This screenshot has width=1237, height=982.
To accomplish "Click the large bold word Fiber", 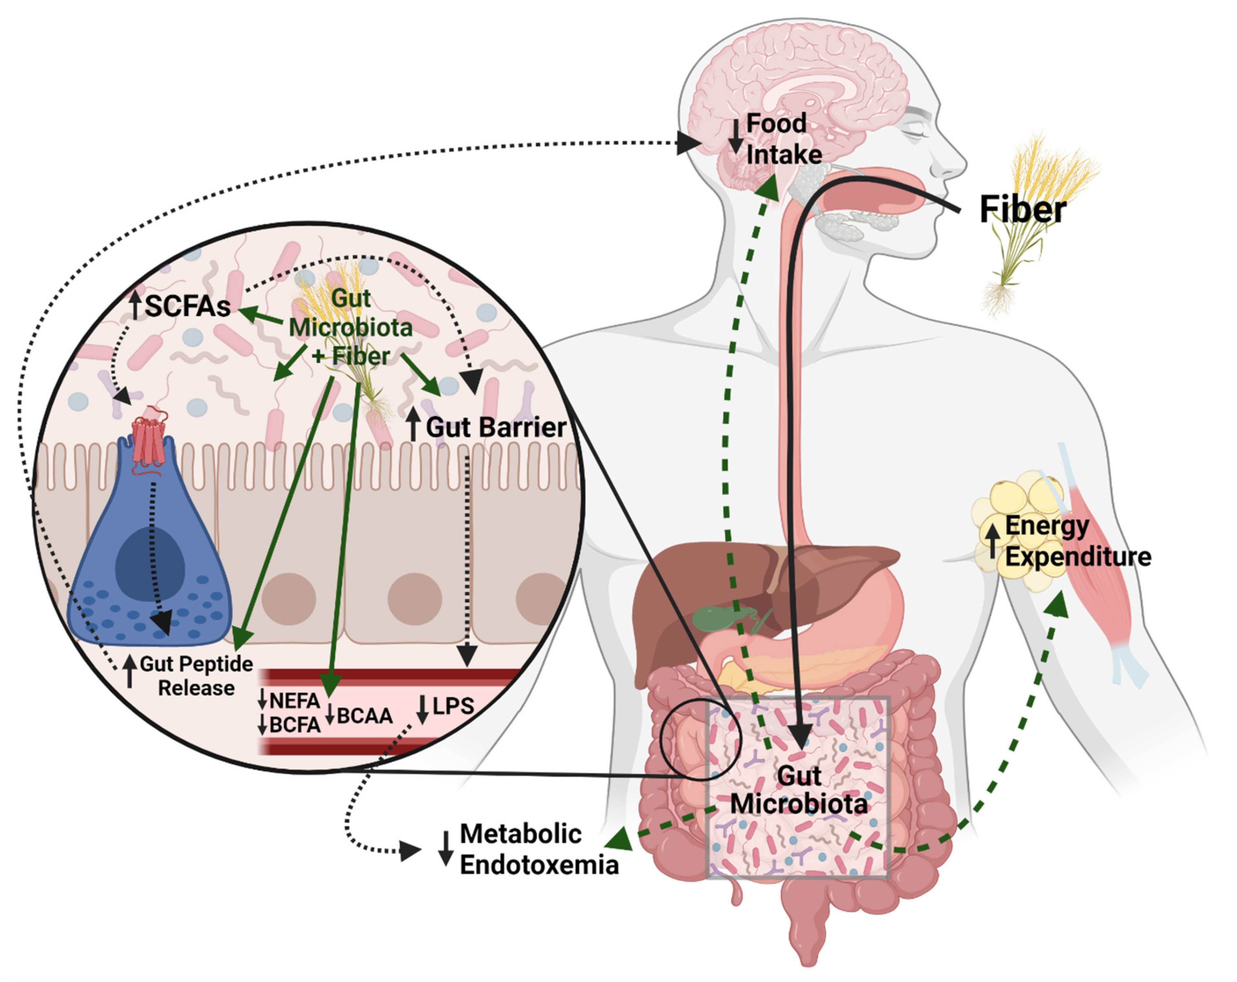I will pyautogui.click(x=1022, y=210).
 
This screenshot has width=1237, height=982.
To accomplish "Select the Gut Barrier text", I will pyautogui.click(x=496, y=427).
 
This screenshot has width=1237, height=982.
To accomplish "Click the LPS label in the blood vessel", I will pyautogui.click(x=453, y=706).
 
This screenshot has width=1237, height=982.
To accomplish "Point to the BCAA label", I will pyautogui.click(x=364, y=716).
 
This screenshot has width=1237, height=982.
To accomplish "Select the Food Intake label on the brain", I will pyautogui.click(x=783, y=139).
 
